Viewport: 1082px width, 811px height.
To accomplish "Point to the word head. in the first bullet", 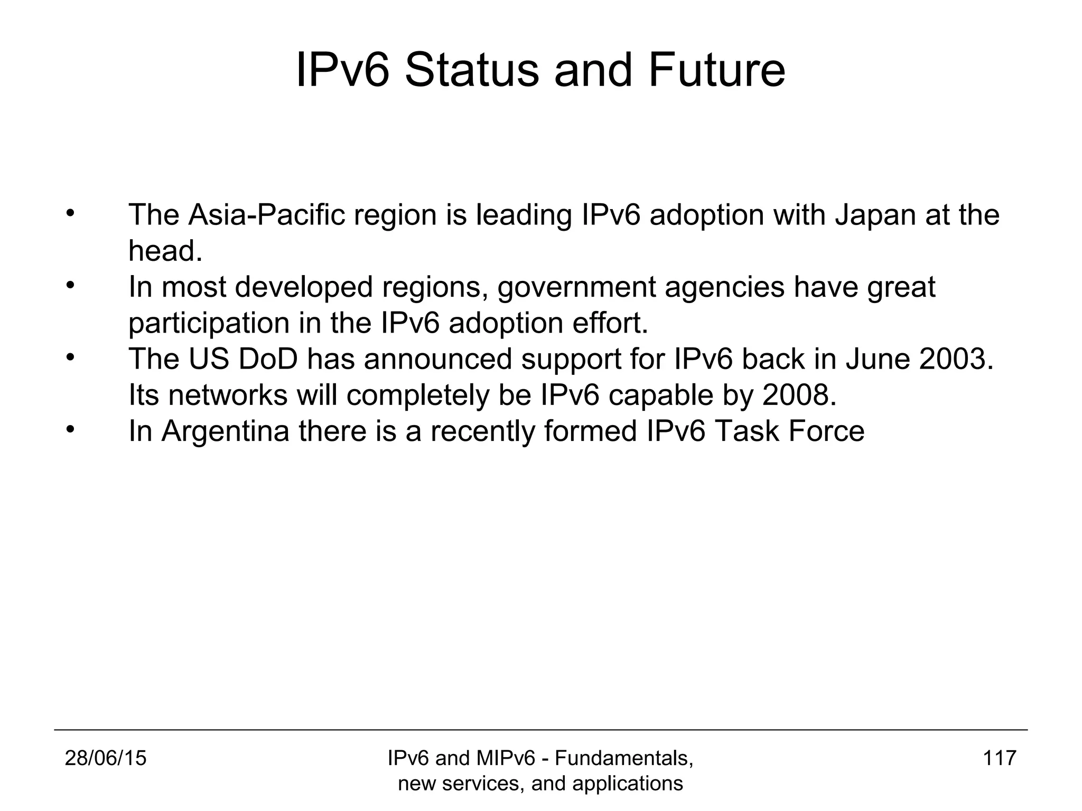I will click(x=165, y=251).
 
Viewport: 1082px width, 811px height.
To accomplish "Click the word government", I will click(x=575, y=288).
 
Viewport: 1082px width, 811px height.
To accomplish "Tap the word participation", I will click(x=209, y=323).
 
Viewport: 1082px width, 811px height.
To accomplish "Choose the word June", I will click(x=877, y=359).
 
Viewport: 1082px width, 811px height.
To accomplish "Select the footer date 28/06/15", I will click(x=106, y=758).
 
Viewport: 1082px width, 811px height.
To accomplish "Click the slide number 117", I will click(x=1000, y=758).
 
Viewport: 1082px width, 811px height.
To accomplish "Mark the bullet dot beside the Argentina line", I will click(x=70, y=429).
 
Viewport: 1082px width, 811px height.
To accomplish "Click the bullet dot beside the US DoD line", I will click(x=70, y=357).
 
